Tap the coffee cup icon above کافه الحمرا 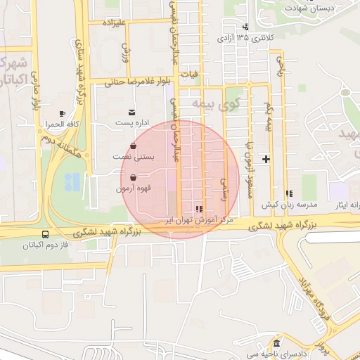(63, 113)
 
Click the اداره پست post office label (131, 123)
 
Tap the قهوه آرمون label (133, 190)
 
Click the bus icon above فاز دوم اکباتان (46, 234)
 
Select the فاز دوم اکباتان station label (46, 245)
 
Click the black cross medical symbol (266, 159)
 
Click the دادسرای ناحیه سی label (276, 355)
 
